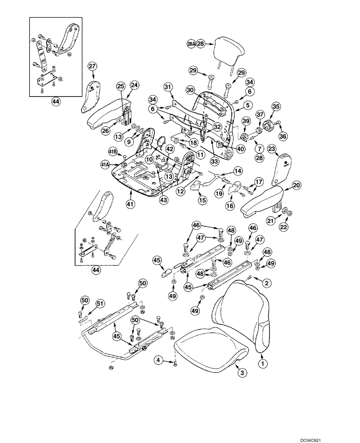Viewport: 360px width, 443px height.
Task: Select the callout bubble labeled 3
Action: pyautogui.click(x=241, y=373)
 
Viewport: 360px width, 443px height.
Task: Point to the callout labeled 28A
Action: pyautogui.click(x=191, y=44)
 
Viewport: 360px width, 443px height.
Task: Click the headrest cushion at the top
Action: pyautogui.click(x=230, y=48)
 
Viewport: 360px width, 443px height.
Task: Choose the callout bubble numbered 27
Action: pyautogui.click(x=92, y=66)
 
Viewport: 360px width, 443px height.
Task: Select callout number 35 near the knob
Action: pyautogui.click(x=276, y=106)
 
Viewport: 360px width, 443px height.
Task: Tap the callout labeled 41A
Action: pyautogui.click(x=105, y=165)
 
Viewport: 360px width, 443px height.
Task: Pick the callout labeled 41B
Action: pyautogui.click(x=113, y=152)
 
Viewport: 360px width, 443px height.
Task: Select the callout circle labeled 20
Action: pyautogui.click(x=284, y=186)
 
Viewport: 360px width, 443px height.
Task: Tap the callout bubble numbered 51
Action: pyautogui.click(x=101, y=303)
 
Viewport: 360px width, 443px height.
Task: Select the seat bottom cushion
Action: pyautogui.click(x=208, y=348)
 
